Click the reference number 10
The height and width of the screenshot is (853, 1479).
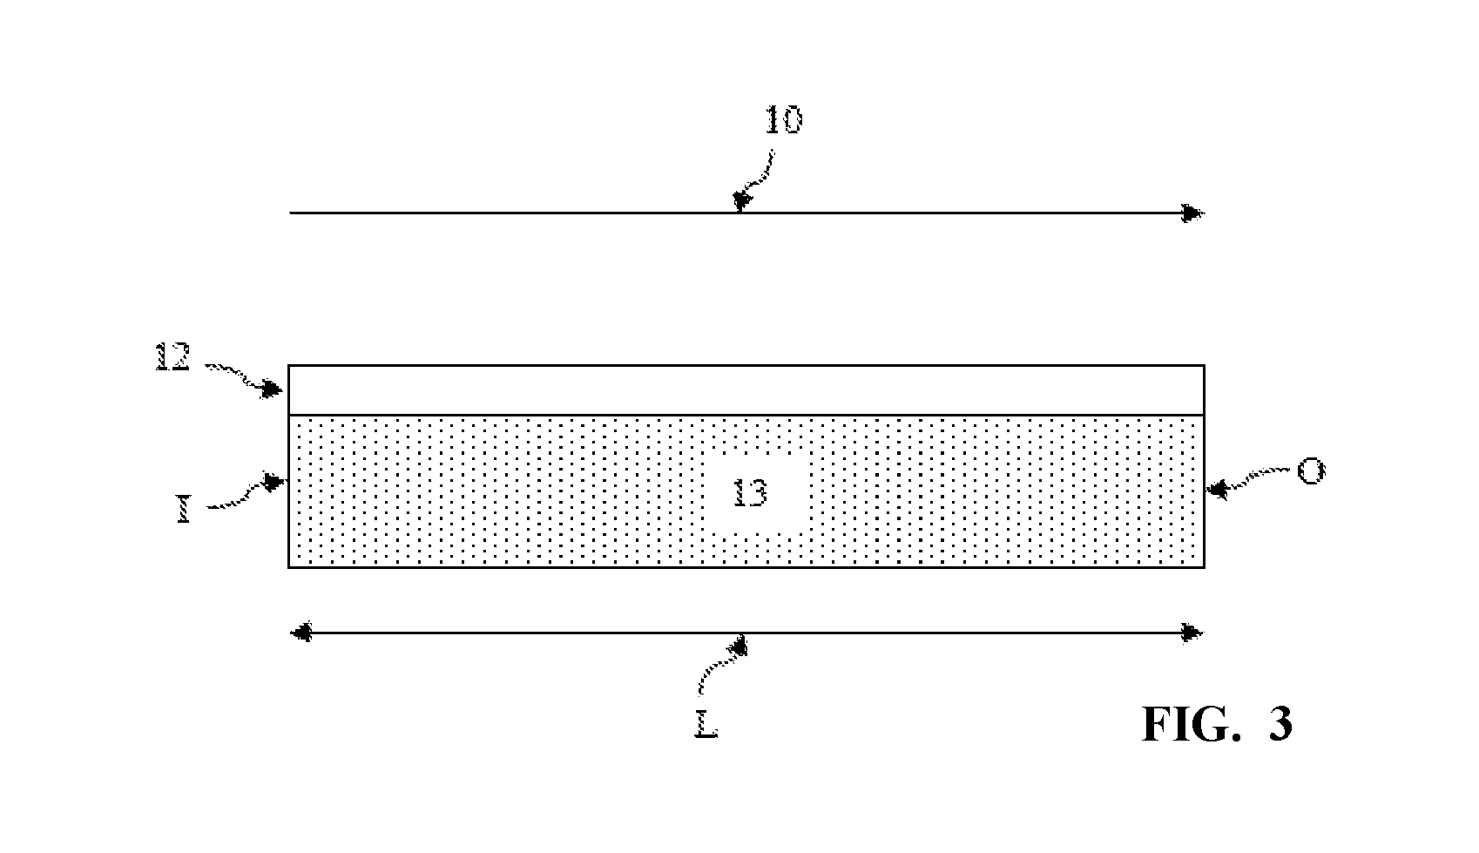pyautogui.click(x=784, y=120)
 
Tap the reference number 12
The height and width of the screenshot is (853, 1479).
pyautogui.click(x=173, y=356)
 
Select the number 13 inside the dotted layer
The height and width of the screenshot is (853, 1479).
pyautogui.click(x=751, y=493)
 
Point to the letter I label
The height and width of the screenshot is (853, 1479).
pyautogui.click(x=184, y=511)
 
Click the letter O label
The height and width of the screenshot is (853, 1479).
pyautogui.click(x=1311, y=471)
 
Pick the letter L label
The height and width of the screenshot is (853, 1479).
pyautogui.click(x=706, y=725)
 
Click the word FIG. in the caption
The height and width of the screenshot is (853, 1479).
pyautogui.click(x=1192, y=725)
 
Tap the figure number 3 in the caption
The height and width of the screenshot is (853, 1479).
pyautogui.click(x=1280, y=725)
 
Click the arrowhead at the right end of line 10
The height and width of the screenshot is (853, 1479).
pyautogui.click(x=1193, y=213)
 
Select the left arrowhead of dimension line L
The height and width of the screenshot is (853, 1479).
pyautogui.click(x=301, y=633)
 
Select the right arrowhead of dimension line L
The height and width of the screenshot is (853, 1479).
pyautogui.click(x=1192, y=633)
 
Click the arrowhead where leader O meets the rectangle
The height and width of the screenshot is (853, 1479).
pyautogui.click(x=1217, y=491)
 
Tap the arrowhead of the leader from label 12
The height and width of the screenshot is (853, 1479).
pyautogui.click(x=271, y=389)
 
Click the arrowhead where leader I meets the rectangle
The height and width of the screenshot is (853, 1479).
pyautogui.click(x=274, y=482)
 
